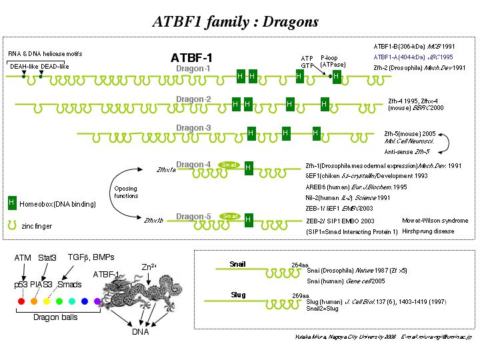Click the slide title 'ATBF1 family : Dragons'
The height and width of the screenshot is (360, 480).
235,21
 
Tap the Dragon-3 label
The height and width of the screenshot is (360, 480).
193,127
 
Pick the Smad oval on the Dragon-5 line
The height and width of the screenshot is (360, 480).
230,216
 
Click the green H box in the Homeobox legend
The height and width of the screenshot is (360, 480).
11,202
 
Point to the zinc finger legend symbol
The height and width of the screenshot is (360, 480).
11,225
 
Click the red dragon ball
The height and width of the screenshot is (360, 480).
22,301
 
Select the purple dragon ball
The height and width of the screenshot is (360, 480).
97,301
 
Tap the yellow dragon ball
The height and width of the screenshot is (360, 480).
47,301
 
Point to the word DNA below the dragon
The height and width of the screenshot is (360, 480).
139,331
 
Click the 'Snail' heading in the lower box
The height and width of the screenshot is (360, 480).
237,264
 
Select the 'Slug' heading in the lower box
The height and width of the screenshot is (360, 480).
237,293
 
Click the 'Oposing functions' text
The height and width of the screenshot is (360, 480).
126,192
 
